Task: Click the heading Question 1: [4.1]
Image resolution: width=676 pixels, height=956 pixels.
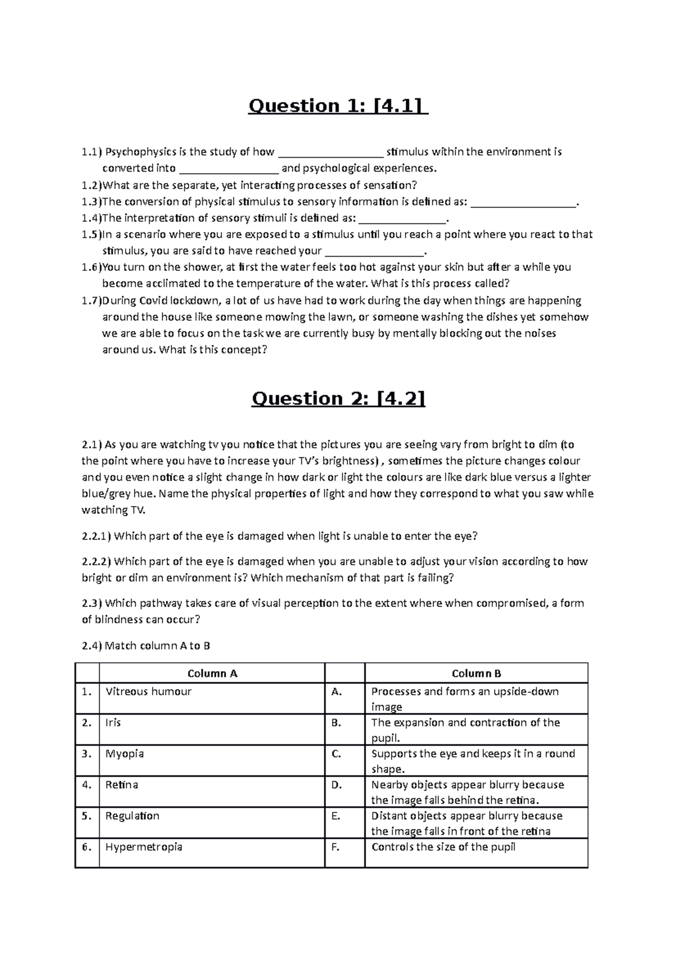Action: point(338,106)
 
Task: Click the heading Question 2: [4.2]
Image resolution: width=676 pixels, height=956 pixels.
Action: point(338,399)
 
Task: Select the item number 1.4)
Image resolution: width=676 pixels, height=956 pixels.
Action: point(91,218)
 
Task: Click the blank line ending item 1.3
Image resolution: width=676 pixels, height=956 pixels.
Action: point(523,202)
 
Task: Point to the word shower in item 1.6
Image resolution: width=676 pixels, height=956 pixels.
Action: point(174,267)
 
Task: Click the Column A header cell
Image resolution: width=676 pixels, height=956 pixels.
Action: point(212,673)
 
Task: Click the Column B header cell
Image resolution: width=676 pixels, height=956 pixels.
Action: point(476,673)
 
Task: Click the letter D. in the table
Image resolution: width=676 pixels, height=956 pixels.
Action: point(336,785)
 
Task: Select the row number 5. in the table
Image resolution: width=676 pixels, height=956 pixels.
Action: point(86,816)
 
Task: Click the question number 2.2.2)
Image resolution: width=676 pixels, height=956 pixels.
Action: point(97,561)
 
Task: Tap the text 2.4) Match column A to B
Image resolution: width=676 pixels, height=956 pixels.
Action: point(146,646)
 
